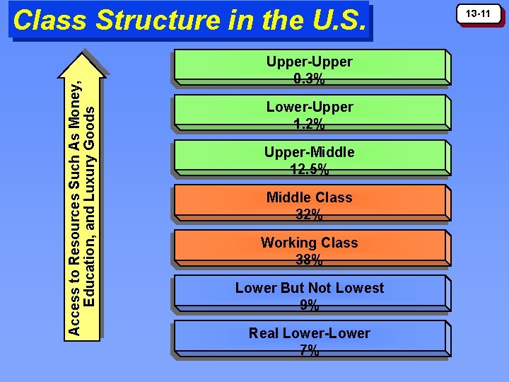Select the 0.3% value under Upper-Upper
(x=309, y=79)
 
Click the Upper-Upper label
(x=309, y=62)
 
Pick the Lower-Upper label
(x=309, y=107)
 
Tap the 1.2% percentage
(x=309, y=124)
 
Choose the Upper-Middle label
(x=309, y=152)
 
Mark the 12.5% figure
(x=309, y=169)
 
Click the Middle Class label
(x=309, y=197)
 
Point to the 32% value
(x=309, y=214)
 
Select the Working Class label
(x=309, y=243)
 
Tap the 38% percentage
(x=309, y=260)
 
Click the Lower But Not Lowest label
(x=309, y=288)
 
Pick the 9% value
(x=309, y=305)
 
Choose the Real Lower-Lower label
(x=309, y=333)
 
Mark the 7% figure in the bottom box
(x=309, y=350)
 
